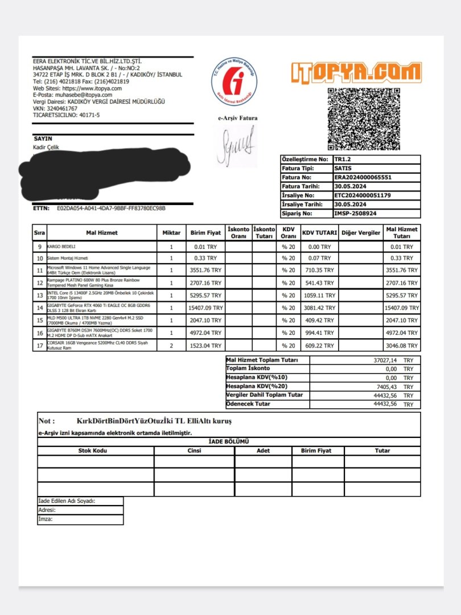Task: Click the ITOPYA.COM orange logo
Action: click(356, 72)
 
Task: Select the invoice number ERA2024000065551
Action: click(363, 177)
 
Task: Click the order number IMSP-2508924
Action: click(356, 214)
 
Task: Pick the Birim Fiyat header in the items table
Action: click(205, 233)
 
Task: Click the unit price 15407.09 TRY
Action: click(205, 307)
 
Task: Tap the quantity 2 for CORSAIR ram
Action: click(171, 346)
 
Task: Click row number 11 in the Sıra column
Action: click(39, 270)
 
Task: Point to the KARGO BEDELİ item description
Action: click(61, 247)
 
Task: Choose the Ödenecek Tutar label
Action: click(248, 404)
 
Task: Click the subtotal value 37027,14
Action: click(385, 360)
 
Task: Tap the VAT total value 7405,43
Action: click(385, 387)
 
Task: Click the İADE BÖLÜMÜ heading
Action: click(229, 441)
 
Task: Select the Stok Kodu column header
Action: click(95, 450)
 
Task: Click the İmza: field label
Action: click(46, 519)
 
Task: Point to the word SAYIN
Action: click(43, 138)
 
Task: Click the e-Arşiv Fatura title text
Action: click(238, 118)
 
